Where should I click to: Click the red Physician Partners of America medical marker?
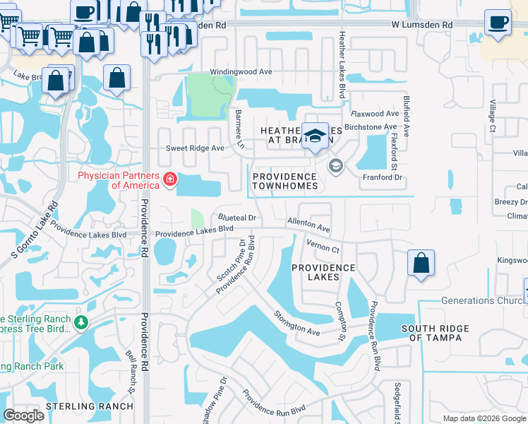pyautogui.click(x=169, y=180)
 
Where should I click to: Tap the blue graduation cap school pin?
pyautogui.click(x=315, y=134)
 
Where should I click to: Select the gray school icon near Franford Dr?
pyautogui.click(x=335, y=167)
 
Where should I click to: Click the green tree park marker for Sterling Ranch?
pyautogui.click(x=83, y=322)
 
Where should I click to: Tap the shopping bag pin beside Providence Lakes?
pyautogui.click(x=421, y=262)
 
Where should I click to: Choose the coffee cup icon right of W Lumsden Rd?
pyautogui.click(x=498, y=22)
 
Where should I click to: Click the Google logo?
pyautogui.click(x=24, y=415)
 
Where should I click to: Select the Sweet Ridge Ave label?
pyautogui.click(x=194, y=148)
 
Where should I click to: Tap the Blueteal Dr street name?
pyautogui.click(x=236, y=218)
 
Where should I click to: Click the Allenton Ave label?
pyautogui.click(x=308, y=225)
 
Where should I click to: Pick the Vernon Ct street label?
pyautogui.click(x=323, y=245)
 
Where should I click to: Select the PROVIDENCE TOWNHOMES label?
pyautogui.click(x=284, y=181)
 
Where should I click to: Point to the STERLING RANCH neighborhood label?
pyautogui.click(x=89, y=406)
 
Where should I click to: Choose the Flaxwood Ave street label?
pyautogui.click(x=376, y=114)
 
